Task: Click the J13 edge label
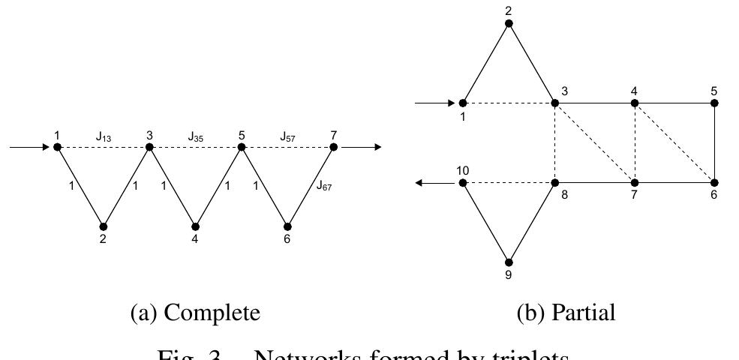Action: [x=104, y=136]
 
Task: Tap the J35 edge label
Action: [x=197, y=136]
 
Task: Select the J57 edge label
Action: [x=289, y=136]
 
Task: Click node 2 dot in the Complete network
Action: [x=104, y=226]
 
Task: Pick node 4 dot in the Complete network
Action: [x=195, y=226]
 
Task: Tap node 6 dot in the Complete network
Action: [x=287, y=226]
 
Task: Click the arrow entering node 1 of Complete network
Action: [x=30, y=147]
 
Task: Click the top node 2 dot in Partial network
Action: [x=509, y=24]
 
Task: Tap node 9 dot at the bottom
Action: [x=509, y=262]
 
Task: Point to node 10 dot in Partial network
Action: [x=463, y=183]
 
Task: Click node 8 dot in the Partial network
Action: [x=555, y=183]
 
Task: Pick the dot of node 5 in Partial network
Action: [x=714, y=103]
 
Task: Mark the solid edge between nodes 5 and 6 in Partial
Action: [x=714, y=142]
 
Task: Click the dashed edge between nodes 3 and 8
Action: [x=555, y=142]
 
